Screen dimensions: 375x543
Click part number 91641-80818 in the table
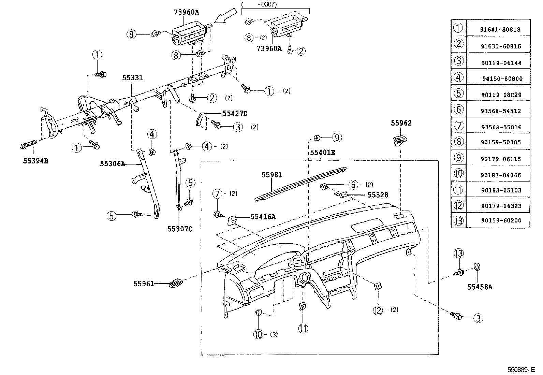[x=500, y=29]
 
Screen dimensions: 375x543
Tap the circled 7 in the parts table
[x=459, y=126]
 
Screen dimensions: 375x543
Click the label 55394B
[x=35, y=161]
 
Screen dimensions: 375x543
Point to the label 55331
[x=132, y=78]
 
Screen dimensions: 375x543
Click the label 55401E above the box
[x=322, y=153]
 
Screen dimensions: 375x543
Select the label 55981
[x=272, y=175]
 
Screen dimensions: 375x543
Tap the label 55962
[x=401, y=123]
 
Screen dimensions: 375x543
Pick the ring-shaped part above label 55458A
[x=476, y=266]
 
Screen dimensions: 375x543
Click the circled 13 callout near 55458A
[x=459, y=253]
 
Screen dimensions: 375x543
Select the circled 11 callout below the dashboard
[x=303, y=329]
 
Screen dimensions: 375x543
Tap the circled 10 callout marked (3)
[x=258, y=334]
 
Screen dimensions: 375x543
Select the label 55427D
[x=235, y=113]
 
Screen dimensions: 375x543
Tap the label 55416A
[x=263, y=216]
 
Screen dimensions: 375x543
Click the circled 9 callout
[x=337, y=138]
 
